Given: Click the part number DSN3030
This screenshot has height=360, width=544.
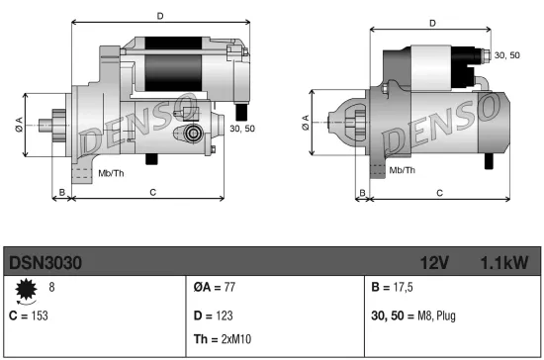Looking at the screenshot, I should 45,262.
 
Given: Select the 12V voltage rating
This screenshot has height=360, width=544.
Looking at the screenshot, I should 435,262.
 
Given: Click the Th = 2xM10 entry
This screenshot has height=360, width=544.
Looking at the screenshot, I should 223,338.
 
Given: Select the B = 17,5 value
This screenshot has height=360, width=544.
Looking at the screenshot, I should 392,287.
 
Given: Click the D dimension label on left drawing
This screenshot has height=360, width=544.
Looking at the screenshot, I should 160,15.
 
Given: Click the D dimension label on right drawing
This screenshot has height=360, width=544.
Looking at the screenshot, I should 431,24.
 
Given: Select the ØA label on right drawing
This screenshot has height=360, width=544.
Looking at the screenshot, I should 305,124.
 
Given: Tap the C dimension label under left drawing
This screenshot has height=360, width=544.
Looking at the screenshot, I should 151,191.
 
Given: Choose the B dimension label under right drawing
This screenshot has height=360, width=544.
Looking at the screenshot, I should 362,191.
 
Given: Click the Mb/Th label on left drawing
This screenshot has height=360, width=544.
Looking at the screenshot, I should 110,172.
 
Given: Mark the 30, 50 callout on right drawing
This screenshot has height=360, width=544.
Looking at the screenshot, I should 505,54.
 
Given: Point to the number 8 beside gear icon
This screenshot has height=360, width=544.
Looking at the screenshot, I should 51,287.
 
